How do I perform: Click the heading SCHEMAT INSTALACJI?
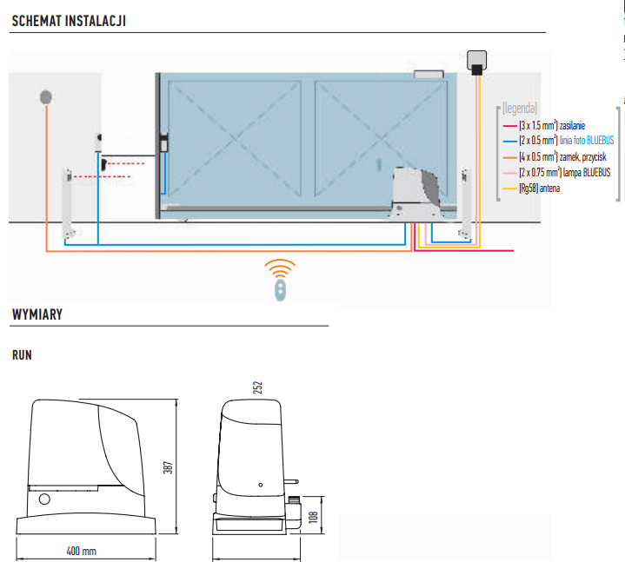[x=69, y=20]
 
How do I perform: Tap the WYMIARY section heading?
[x=37, y=314]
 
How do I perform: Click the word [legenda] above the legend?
[x=520, y=109]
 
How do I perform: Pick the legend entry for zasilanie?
[x=552, y=126]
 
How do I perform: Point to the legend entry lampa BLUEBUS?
[x=555, y=173]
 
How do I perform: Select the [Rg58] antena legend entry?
[x=539, y=188]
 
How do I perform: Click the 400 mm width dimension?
[x=82, y=551]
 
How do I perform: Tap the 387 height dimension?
[x=170, y=466]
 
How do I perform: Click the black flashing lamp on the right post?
[x=476, y=62]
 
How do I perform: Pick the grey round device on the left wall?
[x=46, y=97]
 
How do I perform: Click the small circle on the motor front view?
[x=44, y=501]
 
